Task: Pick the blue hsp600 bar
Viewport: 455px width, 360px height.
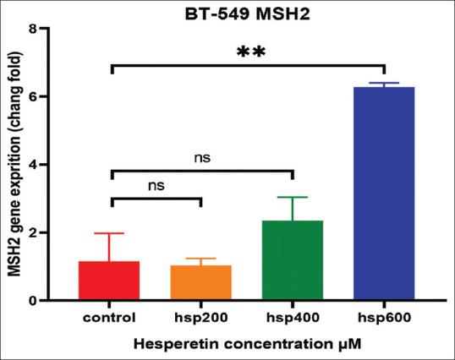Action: point(384,194)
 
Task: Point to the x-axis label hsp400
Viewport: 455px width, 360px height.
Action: point(292,319)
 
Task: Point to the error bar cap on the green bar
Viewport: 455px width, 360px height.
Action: point(292,197)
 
